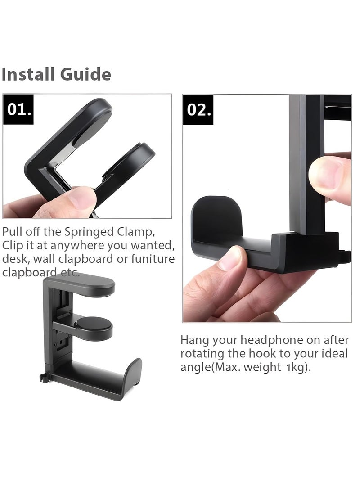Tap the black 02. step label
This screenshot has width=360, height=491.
tap(199, 109)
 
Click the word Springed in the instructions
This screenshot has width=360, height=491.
tap(88, 233)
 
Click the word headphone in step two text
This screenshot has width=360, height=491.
tap(270, 340)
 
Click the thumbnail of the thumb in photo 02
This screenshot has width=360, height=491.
tap(328, 173)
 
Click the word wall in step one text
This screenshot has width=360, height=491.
tap(42, 259)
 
